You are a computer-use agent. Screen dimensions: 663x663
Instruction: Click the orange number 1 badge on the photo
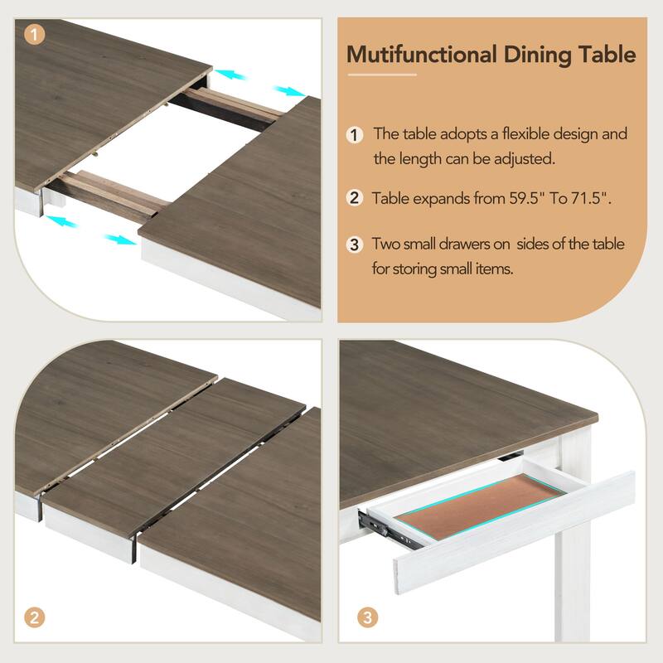click(x=33, y=35)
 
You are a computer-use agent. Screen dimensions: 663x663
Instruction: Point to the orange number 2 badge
click(x=33, y=617)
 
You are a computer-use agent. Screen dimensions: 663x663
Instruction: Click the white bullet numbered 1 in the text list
click(x=355, y=134)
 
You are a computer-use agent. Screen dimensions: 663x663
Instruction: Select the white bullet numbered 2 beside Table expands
click(x=355, y=198)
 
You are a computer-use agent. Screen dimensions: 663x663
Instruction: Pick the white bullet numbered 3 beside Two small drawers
click(x=355, y=244)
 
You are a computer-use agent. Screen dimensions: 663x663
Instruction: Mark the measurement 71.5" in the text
click(x=591, y=198)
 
